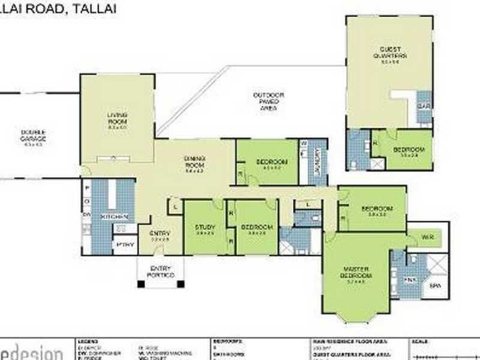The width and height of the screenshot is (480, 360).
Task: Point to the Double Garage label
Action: [x=33, y=135]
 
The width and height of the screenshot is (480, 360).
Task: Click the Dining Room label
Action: [x=195, y=161]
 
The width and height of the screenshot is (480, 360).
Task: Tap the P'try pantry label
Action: [x=124, y=244]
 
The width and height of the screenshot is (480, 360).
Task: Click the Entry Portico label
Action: [x=161, y=271]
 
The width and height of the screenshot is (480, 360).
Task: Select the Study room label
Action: [x=205, y=227]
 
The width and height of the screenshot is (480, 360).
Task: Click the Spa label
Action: [x=435, y=286]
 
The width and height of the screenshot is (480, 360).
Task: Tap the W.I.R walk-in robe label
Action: [x=428, y=238]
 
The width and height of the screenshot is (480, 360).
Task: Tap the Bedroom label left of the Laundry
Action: [x=272, y=162]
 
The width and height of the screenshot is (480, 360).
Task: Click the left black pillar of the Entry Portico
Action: [x=140, y=283]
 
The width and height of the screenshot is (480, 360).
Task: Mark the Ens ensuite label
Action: [x=410, y=280]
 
